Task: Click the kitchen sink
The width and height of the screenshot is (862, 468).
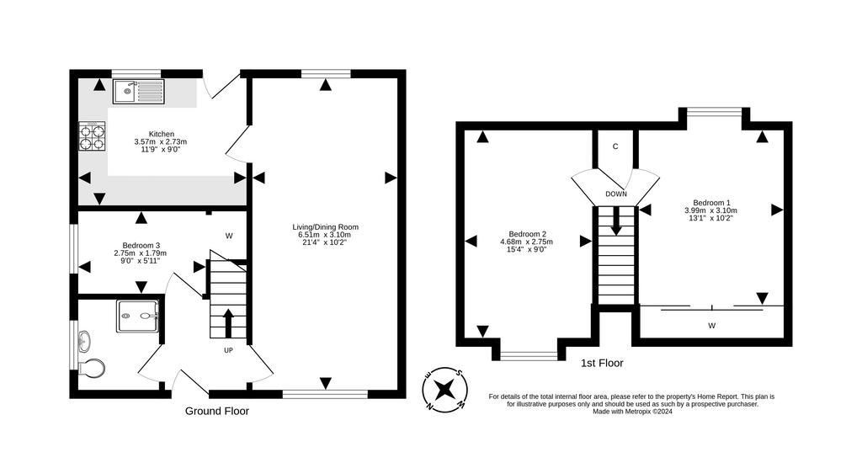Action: pos(139,91)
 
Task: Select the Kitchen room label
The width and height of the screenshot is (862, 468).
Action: pos(161,141)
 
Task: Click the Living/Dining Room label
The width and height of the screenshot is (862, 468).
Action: pos(326,234)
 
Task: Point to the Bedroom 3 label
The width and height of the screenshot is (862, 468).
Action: pos(141,253)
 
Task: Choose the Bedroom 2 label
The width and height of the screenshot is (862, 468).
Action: pos(526,242)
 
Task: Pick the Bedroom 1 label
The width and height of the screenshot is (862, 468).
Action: pos(710,210)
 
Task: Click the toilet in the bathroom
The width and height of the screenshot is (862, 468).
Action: pos(91,368)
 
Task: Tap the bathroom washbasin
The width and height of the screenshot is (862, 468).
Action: pos(84,342)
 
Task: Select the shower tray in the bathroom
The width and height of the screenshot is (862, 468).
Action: pos(138,316)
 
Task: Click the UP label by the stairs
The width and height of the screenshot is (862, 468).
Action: pos(228,350)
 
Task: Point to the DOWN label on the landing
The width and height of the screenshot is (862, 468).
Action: pos(615,194)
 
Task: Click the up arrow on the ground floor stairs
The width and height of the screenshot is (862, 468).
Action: pos(228,322)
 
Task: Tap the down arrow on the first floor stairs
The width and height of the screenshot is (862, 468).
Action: pos(616,221)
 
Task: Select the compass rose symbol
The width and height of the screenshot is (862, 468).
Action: pos(444,390)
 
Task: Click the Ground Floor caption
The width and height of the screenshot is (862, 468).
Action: pos(216,411)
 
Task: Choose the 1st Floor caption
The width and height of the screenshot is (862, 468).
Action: pos(602,363)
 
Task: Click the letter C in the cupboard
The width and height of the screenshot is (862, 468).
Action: pos(615,146)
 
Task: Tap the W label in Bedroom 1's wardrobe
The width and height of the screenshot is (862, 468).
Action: pos(711,326)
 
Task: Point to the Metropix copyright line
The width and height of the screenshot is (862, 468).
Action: pos(632,411)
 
